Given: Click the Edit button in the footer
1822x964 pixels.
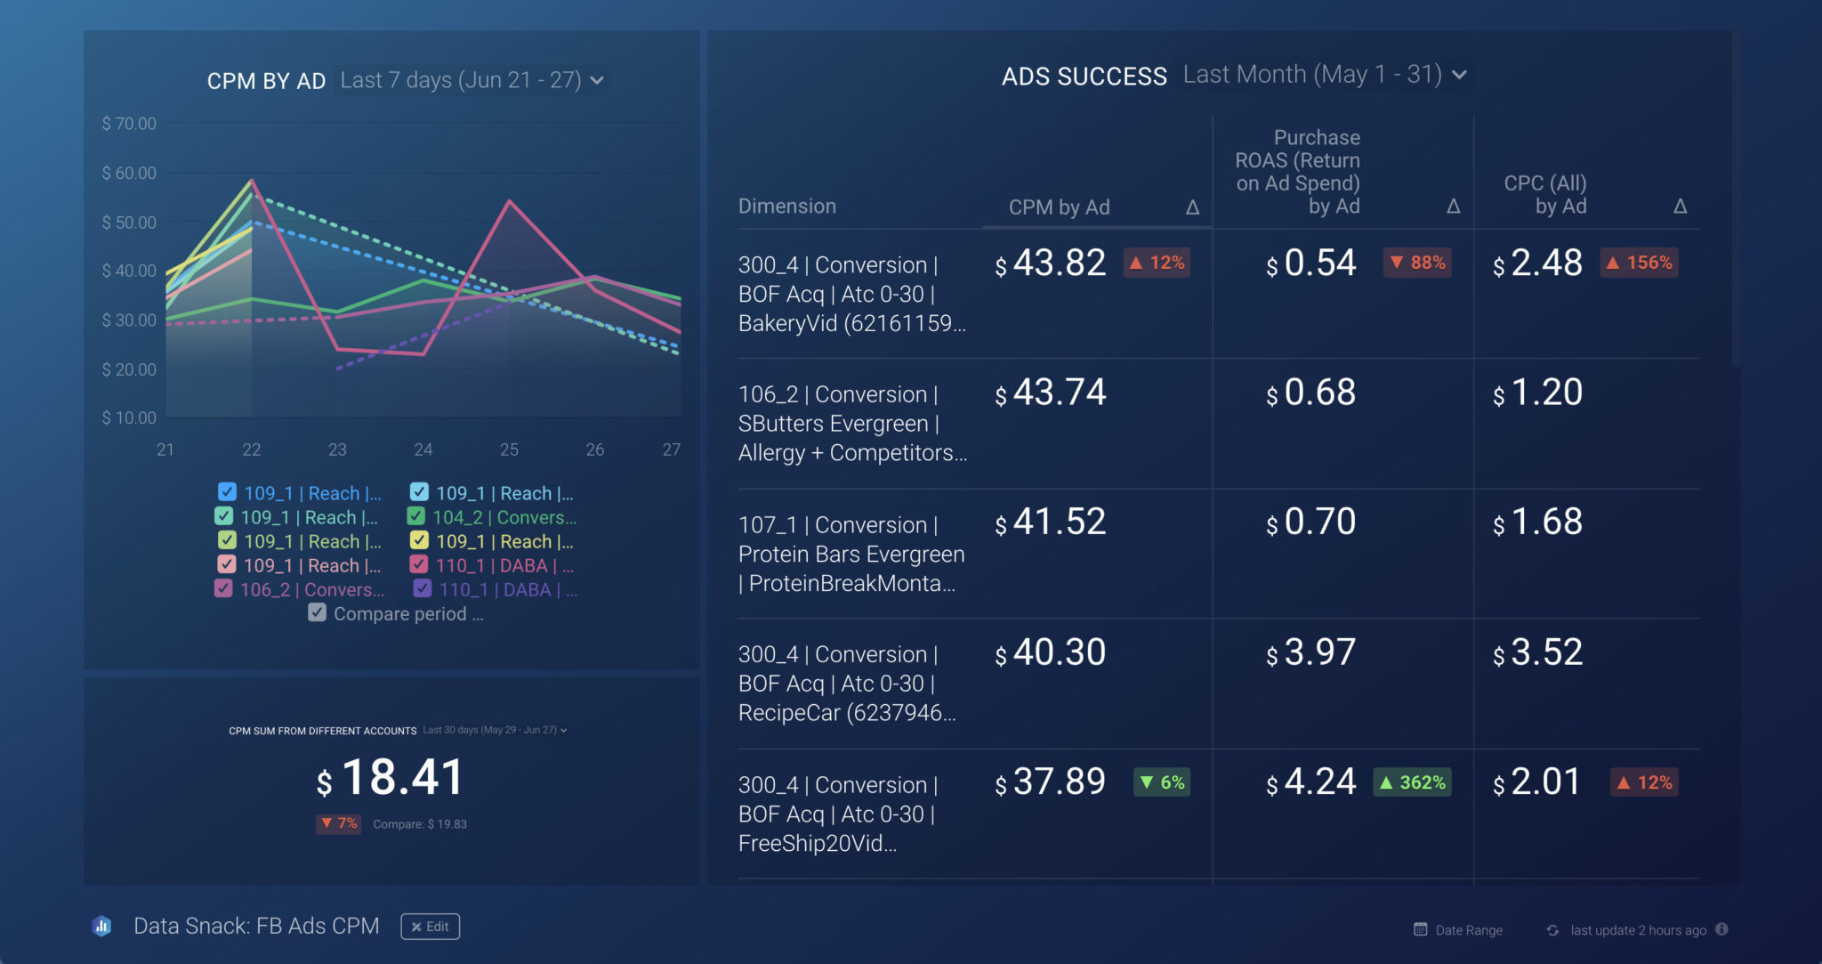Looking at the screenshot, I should (430, 927).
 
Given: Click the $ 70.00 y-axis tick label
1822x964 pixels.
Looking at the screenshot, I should (129, 124).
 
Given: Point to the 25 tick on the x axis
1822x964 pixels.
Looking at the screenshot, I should (509, 450).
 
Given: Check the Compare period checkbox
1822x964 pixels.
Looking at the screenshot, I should (317, 613).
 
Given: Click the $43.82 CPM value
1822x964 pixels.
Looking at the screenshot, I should (1051, 263).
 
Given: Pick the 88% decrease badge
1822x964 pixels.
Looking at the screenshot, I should (1417, 263).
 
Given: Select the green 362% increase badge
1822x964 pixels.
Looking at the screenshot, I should (1412, 782).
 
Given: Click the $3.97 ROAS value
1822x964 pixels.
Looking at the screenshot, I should (1311, 652).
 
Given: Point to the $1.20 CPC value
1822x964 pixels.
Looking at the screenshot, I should (1538, 393).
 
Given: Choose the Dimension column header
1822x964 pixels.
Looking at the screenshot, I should (787, 207).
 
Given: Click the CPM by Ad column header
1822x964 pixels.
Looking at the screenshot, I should (1059, 207).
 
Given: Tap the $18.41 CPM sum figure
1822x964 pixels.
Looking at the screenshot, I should (391, 778).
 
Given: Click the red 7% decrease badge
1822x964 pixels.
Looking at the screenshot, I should (338, 823).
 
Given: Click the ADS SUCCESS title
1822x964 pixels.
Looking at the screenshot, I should (1084, 77).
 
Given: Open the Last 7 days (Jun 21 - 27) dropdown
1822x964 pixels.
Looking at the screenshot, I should (472, 80).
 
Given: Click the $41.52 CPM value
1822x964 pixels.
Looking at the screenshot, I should (1051, 523).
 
